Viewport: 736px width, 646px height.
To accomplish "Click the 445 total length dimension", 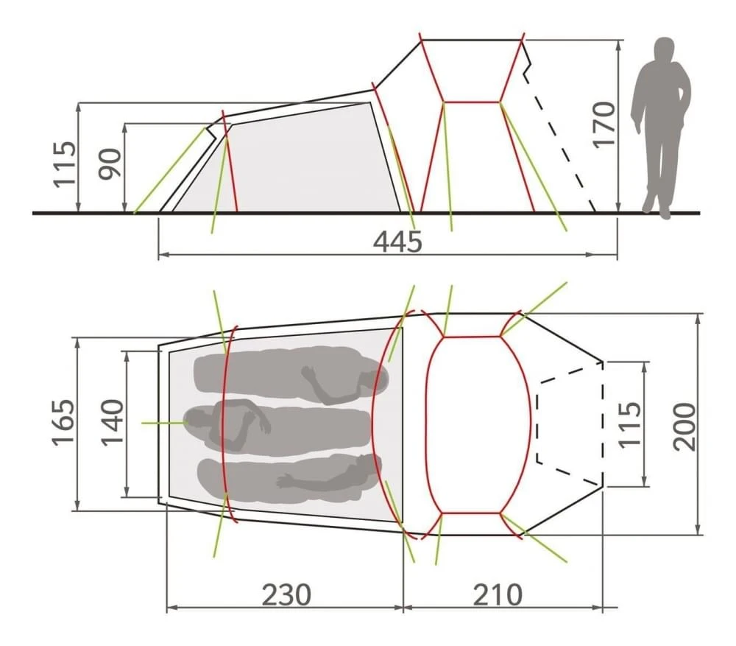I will pyautogui.click(x=397, y=241).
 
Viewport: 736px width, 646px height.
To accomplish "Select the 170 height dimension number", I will pyautogui.click(x=604, y=124).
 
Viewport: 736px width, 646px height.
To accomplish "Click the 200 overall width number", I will pyautogui.click(x=684, y=426).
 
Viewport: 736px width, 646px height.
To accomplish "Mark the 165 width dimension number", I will pyautogui.click(x=64, y=423).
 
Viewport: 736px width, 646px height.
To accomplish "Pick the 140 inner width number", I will pyautogui.click(x=113, y=423).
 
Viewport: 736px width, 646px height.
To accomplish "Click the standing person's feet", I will pyautogui.click(x=657, y=210).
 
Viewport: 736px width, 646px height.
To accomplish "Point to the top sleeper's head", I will pyautogui.click(x=368, y=380).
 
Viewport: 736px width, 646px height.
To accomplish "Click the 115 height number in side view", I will pyautogui.click(x=64, y=163).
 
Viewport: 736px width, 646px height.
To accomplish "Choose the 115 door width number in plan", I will pyautogui.click(x=629, y=424).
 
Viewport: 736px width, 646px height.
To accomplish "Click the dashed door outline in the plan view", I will pyautogui.click(x=539, y=424).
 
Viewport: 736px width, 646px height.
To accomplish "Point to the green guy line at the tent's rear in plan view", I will pyautogui.click(x=162, y=423).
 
